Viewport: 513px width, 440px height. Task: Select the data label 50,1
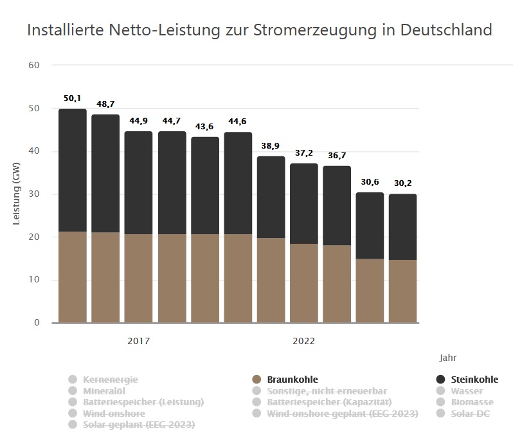(72, 98)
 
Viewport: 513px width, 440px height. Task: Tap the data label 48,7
(105, 104)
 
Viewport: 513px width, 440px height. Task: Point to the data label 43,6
(205, 126)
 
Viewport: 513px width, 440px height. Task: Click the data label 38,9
(271, 146)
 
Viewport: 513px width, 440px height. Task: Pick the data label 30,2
(403, 183)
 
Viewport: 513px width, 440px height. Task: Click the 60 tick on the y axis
(34, 66)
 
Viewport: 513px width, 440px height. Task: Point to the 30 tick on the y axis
(34, 194)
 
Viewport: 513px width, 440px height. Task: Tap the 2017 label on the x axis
(138, 341)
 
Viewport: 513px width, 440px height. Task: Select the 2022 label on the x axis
(303, 341)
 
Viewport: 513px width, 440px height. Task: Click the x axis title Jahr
(448, 358)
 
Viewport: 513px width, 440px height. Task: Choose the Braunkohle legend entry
(292, 380)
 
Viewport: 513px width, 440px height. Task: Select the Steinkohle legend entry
(474, 380)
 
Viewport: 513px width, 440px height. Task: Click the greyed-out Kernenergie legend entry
(110, 380)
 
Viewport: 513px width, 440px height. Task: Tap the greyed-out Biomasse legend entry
(472, 402)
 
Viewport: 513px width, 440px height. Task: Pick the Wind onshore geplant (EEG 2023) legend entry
(342, 414)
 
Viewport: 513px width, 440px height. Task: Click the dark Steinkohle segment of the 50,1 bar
(73, 170)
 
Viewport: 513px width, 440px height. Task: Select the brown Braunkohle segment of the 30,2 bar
(403, 291)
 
